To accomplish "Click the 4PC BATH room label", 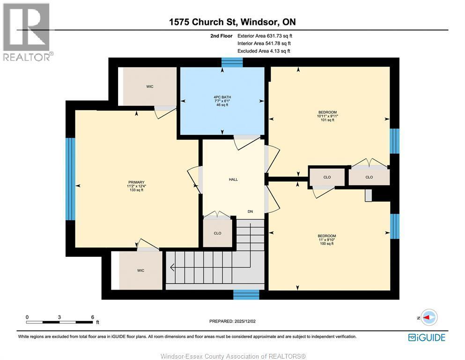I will pos(222,97).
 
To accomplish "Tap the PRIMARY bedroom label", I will pos(136,182).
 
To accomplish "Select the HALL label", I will pos(233,180).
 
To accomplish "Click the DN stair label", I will pos(250,212).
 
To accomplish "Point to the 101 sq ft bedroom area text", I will pos(327,120).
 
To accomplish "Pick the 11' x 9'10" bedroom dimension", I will pos(327,240).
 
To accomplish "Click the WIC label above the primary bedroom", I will pos(149,86).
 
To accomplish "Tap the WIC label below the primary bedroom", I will pos(140,270).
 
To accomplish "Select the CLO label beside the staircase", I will pos(217,233).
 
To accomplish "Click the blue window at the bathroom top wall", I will pos(232,62).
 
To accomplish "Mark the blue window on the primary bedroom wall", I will pos(70,179).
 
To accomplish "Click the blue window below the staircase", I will pos(246,294).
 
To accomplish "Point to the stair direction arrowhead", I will pos(172,268).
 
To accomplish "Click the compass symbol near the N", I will pos(429,317).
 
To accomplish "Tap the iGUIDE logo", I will pos(426,337).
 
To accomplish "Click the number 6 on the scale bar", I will pos(92,317).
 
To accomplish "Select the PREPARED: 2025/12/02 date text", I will pos(232,321).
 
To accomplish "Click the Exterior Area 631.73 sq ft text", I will pos(265,36).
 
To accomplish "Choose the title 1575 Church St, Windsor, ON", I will pos(232,22).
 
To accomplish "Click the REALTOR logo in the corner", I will pos(28,32).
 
